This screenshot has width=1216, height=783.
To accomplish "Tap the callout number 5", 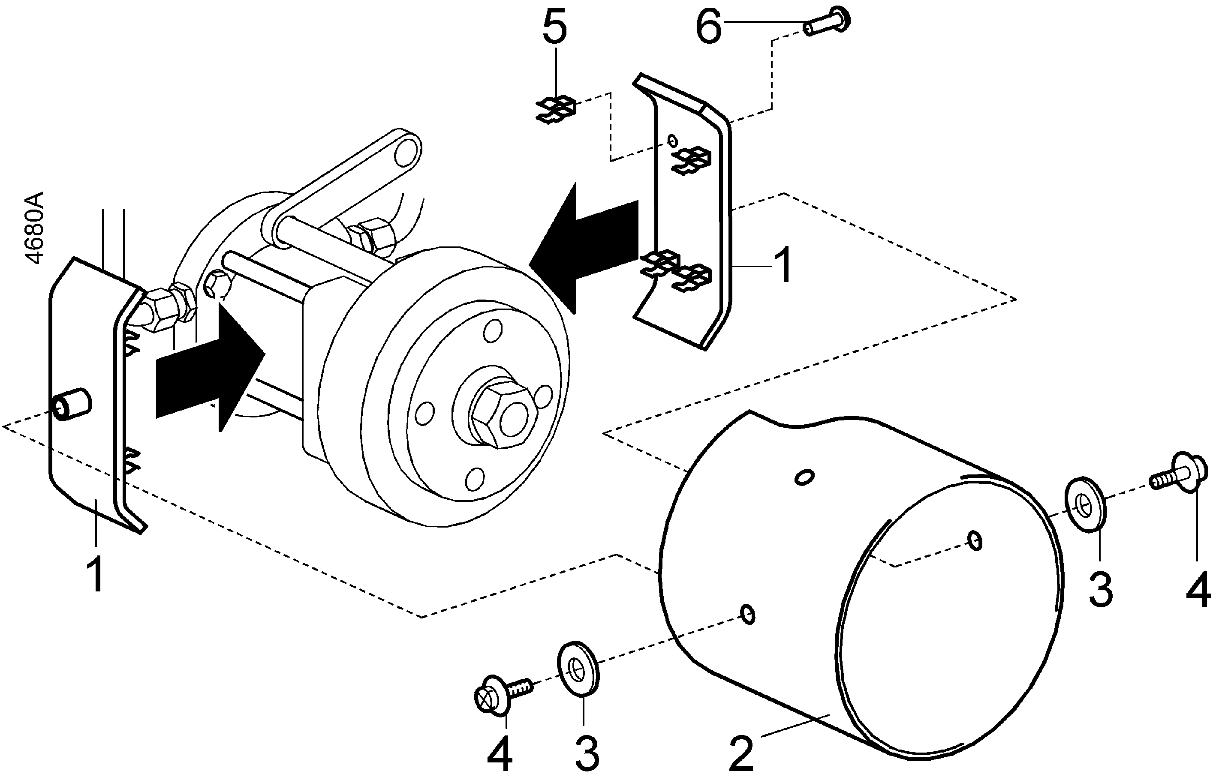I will (x=554, y=29).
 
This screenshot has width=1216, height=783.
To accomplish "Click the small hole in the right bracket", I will (x=673, y=140).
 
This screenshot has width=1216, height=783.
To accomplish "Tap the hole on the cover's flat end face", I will (x=975, y=540).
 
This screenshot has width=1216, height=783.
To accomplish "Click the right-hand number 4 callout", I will (x=1198, y=590).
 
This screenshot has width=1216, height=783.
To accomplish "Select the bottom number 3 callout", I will (x=587, y=753).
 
